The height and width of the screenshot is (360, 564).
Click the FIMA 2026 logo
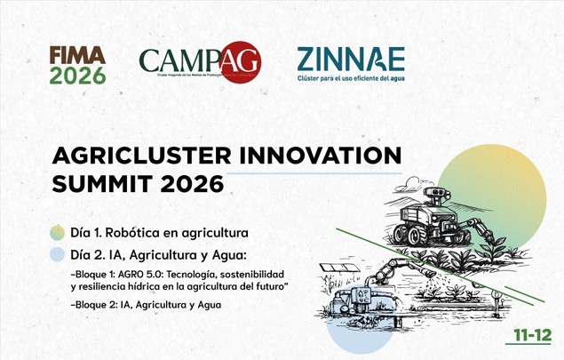[x=77, y=65]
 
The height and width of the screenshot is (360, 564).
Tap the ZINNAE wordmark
[x=350, y=59]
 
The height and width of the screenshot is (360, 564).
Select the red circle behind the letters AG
[x=239, y=60]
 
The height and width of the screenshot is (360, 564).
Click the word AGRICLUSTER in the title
[x=141, y=155]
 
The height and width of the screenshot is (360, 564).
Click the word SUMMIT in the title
[x=102, y=184]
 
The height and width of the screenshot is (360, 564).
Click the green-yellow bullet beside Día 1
[x=58, y=233]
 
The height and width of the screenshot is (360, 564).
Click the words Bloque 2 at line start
[x=96, y=305]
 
